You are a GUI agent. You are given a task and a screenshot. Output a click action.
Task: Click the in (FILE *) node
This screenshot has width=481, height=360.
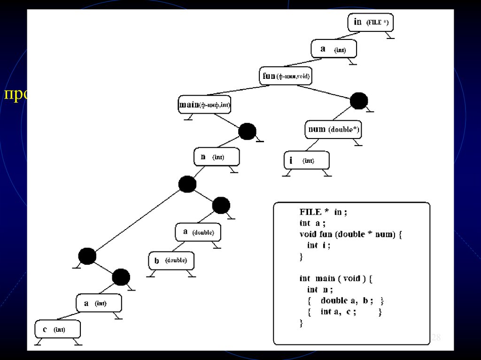[x=370, y=22]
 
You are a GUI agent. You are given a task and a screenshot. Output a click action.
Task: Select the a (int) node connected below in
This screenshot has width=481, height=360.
[x=334, y=49]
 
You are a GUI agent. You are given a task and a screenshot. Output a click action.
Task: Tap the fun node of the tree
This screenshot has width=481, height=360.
[x=285, y=76]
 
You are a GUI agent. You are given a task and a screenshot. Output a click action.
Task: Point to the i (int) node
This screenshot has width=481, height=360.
[x=307, y=161]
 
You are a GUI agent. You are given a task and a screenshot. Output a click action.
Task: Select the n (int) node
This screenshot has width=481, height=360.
[x=217, y=157]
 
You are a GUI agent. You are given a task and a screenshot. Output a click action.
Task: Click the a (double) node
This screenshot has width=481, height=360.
[x=198, y=232]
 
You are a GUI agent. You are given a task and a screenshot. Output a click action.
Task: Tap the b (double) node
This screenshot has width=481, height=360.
[x=171, y=260]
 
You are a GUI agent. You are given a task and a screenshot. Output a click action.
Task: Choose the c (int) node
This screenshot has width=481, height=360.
[x=57, y=329]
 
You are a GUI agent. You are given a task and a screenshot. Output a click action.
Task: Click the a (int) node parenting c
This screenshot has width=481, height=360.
[x=100, y=303]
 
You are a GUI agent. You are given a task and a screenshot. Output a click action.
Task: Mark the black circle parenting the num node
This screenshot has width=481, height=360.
[x=359, y=101]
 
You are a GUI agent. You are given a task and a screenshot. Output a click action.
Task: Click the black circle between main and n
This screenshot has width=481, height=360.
[x=247, y=131]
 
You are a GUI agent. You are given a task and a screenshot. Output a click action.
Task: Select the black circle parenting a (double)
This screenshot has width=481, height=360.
[x=221, y=205]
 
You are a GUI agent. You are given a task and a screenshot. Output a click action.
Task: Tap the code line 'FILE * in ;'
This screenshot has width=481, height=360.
[x=323, y=212]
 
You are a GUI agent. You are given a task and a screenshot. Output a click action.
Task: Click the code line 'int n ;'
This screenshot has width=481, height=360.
[x=320, y=290]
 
